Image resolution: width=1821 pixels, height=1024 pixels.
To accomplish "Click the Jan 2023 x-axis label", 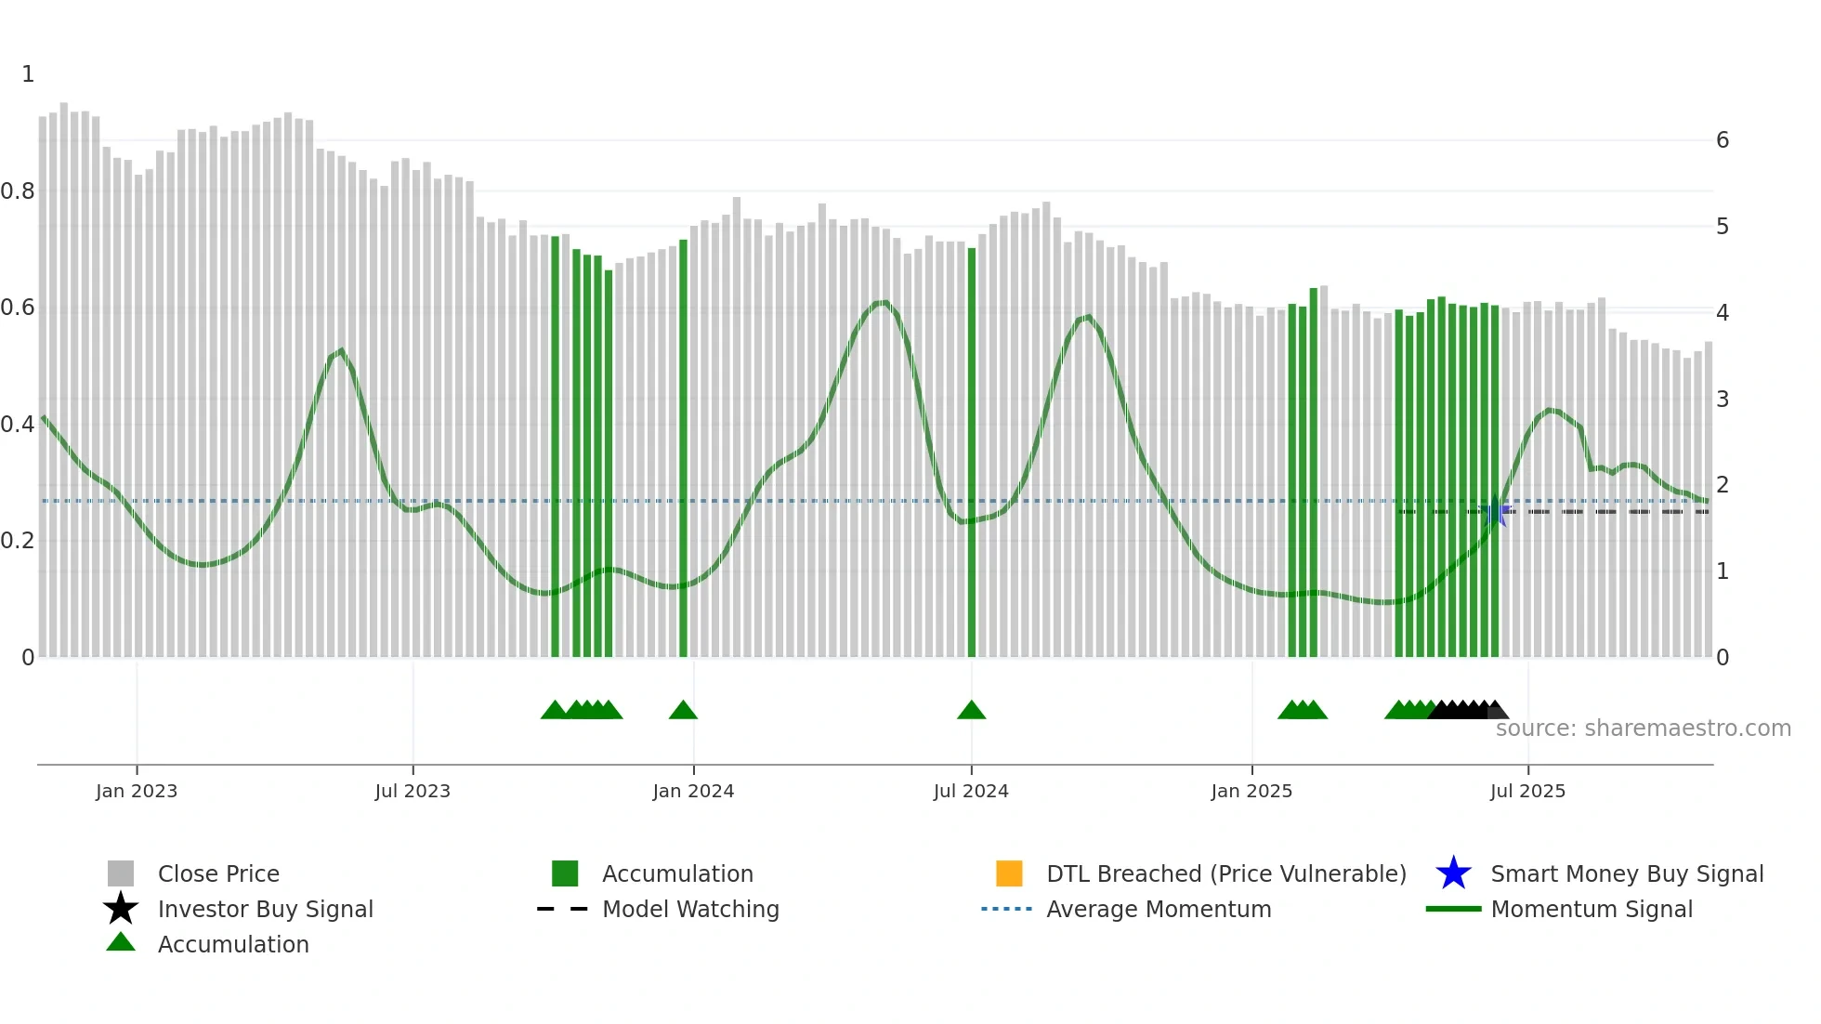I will tap(136, 791).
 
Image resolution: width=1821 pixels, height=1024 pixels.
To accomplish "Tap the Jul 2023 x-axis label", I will tap(413, 791).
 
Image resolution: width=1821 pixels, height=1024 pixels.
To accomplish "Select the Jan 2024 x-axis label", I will tap(693, 791).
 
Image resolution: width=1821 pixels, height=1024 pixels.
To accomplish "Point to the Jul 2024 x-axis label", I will tap(971, 791).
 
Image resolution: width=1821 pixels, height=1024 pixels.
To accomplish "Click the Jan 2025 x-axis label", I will tap(1251, 791).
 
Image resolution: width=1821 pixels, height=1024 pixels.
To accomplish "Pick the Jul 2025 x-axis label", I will tap(1527, 791).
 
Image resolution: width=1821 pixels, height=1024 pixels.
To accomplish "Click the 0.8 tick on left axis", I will tap(18, 191).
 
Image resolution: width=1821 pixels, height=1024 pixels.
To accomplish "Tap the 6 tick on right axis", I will tap(1723, 140).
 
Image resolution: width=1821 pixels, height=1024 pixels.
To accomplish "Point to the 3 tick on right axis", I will tap(1723, 400).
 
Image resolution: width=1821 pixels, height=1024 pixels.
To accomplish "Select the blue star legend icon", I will tap(1453, 873).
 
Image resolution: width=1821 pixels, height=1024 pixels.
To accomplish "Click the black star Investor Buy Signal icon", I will tap(121, 909).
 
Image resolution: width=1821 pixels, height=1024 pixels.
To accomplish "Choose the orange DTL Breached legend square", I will tap(1009, 873).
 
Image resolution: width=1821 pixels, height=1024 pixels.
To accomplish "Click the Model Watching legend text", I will tap(690, 909).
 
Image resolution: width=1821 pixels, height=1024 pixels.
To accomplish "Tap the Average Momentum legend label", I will tap(1159, 909).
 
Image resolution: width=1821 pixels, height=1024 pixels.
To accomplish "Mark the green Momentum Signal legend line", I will tap(1453, 909).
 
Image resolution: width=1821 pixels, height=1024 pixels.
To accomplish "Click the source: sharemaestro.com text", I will tap(1643, 729).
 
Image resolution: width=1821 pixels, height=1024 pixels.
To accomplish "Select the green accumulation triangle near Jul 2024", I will tap(971, 711).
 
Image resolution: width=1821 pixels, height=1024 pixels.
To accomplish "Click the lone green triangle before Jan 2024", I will tap(683, 711).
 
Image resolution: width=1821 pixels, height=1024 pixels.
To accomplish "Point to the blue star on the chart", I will tap(1495, 512).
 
